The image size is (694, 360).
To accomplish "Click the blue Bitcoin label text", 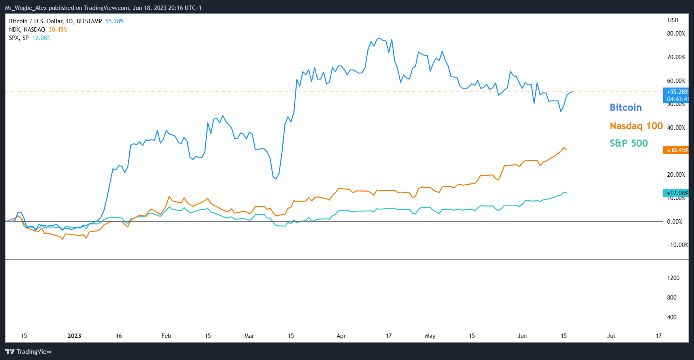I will (x=626, y=107).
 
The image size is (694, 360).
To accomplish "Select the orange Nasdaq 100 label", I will (x=636, y=126).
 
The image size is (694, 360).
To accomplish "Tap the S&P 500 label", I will (x=628, y=143).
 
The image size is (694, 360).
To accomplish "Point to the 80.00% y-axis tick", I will (x=676, y=34).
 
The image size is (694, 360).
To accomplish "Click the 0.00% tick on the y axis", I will (x=674, y=222).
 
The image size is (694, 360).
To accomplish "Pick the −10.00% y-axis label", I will (x=677, y=245).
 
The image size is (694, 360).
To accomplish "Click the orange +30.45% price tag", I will (x=677, y=150).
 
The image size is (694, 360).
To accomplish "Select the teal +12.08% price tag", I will (x=677, y=193).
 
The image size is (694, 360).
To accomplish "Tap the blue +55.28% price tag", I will (x=677, y=92).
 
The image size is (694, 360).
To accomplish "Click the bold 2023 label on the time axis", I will (x=74, y=336).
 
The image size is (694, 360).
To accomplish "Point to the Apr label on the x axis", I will (x=341, y=336).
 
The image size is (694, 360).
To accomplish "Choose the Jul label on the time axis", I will (x=611, y=336).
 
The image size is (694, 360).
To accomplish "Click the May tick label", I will (x=430, y=336).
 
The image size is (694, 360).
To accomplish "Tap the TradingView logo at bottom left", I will (x=28, y=351).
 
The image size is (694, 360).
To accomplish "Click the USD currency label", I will (x=673, y=20).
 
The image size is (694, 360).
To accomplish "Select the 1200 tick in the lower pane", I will (x=673, y=278).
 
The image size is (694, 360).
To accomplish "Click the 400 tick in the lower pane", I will (x=671, y=317).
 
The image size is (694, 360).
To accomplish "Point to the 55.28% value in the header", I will (x=114, y=21).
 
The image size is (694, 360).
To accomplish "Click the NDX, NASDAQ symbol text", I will (x=27, y=30).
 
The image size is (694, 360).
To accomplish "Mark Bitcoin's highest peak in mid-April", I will (x=380, y=38).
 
